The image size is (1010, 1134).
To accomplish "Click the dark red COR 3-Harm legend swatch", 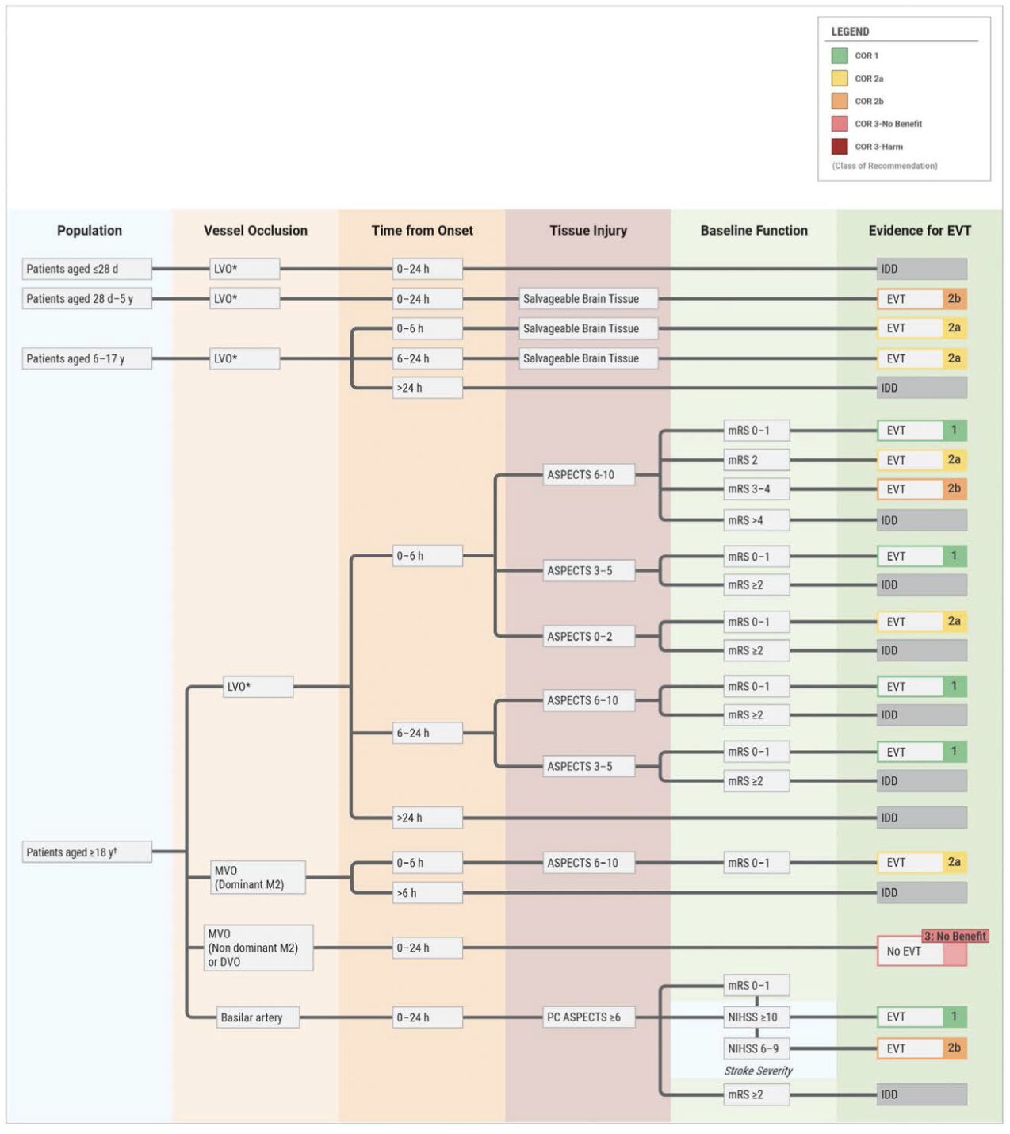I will [839, 147].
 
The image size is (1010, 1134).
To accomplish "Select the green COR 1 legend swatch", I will [839, 56].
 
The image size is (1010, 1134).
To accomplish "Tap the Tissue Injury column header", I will [588, 231].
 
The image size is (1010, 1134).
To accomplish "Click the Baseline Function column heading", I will [754, 231].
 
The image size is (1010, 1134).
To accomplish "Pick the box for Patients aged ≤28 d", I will [86, 269].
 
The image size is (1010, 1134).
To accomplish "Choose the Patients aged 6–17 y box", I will [86, 358].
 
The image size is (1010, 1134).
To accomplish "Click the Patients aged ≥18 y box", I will [86, 852].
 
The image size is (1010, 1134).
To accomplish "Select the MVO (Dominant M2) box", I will [257, 878].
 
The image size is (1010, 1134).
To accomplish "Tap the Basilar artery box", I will [258, 1017].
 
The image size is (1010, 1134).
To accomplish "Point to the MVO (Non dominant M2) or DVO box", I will [258, 948].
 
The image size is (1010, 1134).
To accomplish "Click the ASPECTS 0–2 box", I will [588, 637].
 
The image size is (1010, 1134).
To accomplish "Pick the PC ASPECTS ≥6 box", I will [588, 1017].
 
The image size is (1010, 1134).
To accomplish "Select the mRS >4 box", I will [756, 521].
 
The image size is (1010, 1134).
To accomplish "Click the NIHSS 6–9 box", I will [756, 1048].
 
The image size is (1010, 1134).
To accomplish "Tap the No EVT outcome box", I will [909, 952].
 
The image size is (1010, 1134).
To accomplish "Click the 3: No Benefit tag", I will [955, 936].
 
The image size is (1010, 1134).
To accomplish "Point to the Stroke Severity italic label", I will [758, 1071].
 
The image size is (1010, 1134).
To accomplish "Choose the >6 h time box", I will [427, 893].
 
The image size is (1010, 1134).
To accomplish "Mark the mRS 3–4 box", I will [756, 489].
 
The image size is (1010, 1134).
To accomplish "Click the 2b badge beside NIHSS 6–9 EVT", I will [955, 1048].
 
